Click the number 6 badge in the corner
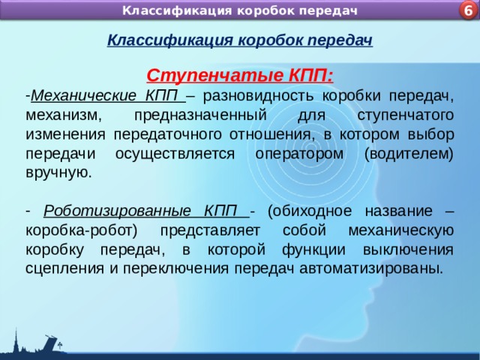[466, 10]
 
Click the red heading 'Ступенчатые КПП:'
[240, 76]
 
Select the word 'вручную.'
[58, 172]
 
